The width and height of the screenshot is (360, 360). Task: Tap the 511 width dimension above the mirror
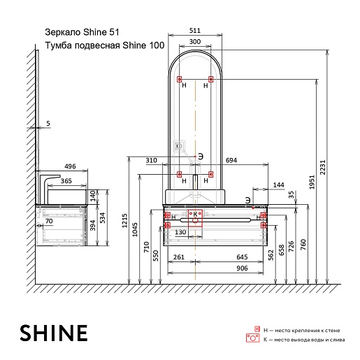pos(195,31)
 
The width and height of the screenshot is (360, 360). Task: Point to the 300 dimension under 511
pos(195,42)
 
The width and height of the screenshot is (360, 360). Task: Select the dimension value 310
pos(151,160)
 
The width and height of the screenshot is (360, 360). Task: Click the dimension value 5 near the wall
pos(48,124)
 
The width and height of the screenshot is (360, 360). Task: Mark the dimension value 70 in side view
pos(49,222)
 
